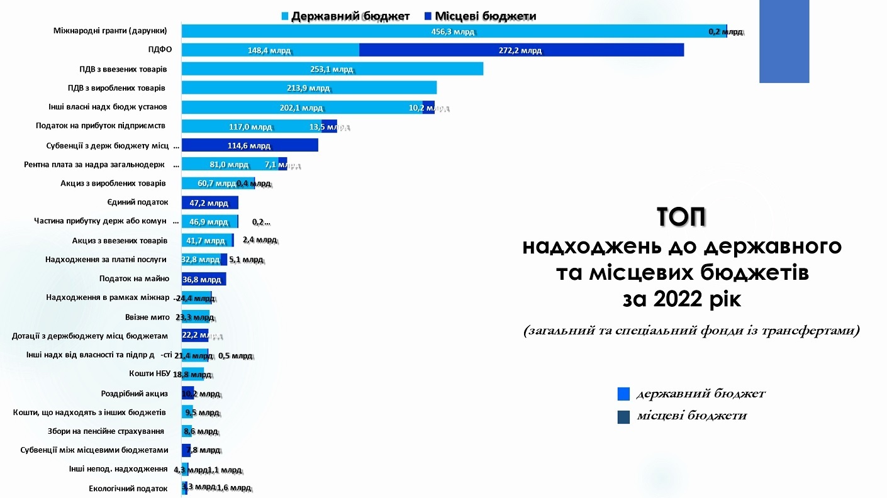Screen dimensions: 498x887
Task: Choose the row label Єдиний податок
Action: coord(138,202)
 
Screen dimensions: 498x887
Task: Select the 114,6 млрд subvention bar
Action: coord(250,145)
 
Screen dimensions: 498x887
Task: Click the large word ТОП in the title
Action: coord(681,218)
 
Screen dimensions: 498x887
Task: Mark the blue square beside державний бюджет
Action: coord(623,394)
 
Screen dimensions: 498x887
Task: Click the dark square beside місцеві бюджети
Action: coord(623,416)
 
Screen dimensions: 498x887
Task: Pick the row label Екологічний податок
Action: coord(128,489)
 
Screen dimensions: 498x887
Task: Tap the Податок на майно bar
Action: coord(204,279)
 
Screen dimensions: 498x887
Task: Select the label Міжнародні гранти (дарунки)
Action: coord(110,31)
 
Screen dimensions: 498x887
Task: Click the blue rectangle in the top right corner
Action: coord(784,41)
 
